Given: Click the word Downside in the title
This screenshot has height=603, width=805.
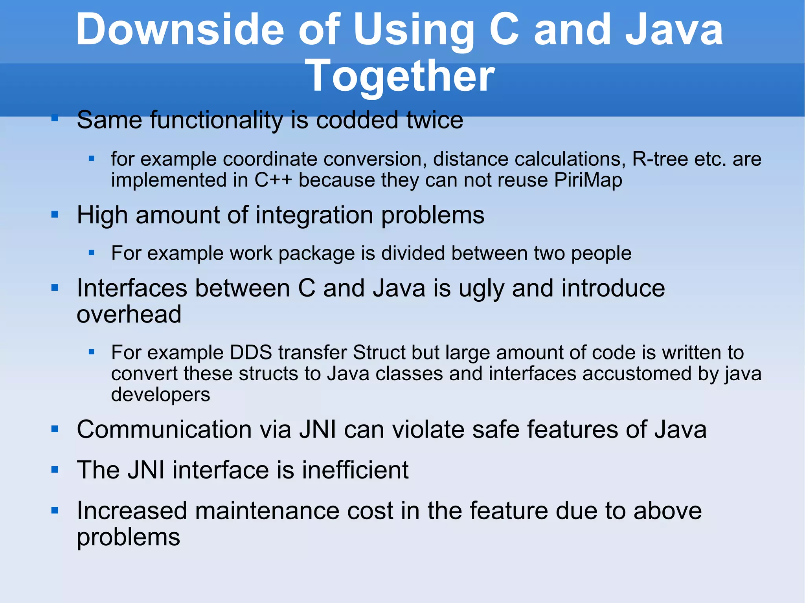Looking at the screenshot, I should click(x=180, y=30).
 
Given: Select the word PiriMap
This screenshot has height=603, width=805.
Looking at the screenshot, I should click(x=588, y=180).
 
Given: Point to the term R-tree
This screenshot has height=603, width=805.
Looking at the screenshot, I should click(x=660, y=159).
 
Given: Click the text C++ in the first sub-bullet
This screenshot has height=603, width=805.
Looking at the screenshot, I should click(x=273, y=180).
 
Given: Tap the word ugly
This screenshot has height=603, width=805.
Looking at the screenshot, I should click(x=481, y=289).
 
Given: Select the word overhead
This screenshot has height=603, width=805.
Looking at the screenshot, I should click(x=129, y=314).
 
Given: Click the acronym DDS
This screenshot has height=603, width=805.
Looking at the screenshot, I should click(x=251, y=352).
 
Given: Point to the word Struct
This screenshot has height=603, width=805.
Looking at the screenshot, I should click(x=379, y=352).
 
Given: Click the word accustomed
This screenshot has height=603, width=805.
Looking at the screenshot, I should click(x=637, y=373).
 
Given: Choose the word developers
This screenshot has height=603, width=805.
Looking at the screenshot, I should click(x=160, y=394).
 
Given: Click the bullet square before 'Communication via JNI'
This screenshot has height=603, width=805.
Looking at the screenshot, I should click(x=55, y=429).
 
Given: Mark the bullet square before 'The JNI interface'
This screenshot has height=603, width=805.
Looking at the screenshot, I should click(x=55, y=469).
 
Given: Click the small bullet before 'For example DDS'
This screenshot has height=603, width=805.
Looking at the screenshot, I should click(x=92, y=352).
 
